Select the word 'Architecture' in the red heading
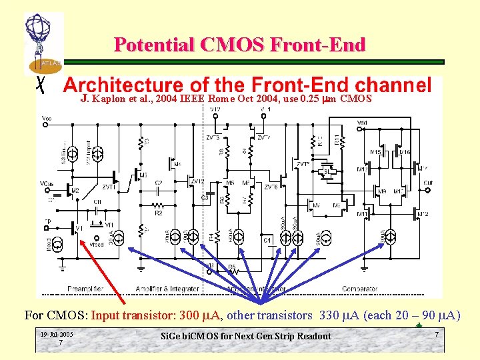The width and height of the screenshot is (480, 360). pos(122,86)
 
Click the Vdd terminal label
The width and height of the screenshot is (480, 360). pos(362,123)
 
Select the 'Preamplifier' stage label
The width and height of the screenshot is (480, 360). pos(85,288)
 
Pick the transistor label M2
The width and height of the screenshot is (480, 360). pos(75,191)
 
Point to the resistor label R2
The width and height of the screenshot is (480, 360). pos(159,213)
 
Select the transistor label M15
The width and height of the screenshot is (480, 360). pos(376,153)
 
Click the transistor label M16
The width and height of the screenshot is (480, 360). pos(404,153)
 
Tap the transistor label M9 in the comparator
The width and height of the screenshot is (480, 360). pos(382,191)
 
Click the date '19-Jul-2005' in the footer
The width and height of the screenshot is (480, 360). pos(57,334)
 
